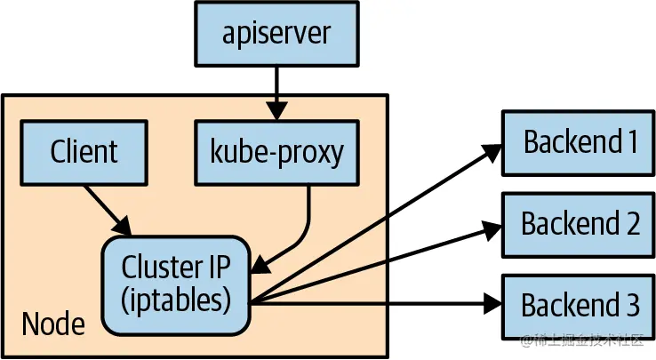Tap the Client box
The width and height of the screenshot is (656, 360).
point(84,152)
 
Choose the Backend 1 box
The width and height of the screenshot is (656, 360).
point(579,141)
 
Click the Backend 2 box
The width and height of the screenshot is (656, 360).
point(579,223)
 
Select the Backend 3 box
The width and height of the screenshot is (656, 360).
point(579,305)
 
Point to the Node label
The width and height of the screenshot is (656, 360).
point(53,324)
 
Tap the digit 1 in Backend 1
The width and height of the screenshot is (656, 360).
point(632,141)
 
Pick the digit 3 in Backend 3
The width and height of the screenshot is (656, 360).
point(631,305)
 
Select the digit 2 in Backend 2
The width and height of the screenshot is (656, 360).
point(631,223)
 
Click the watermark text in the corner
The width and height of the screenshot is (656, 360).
point(588,342)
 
